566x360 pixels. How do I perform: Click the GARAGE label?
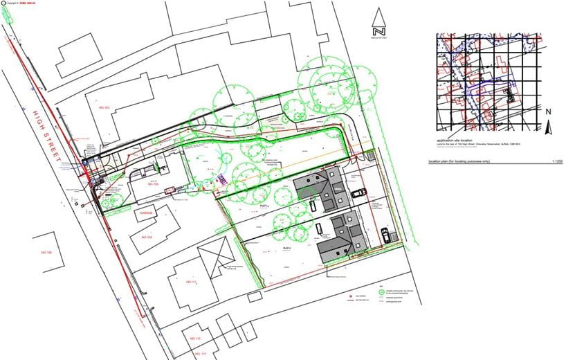click(145, 213)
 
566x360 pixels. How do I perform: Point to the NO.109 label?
click(146, 237)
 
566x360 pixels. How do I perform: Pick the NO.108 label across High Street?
click(46, 253)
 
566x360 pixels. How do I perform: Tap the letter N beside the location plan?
click(547, 111)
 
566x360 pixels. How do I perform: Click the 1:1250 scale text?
click(556, 161)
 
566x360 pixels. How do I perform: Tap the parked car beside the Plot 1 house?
click(358, 193)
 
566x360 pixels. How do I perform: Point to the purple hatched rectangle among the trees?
click(221, 179)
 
